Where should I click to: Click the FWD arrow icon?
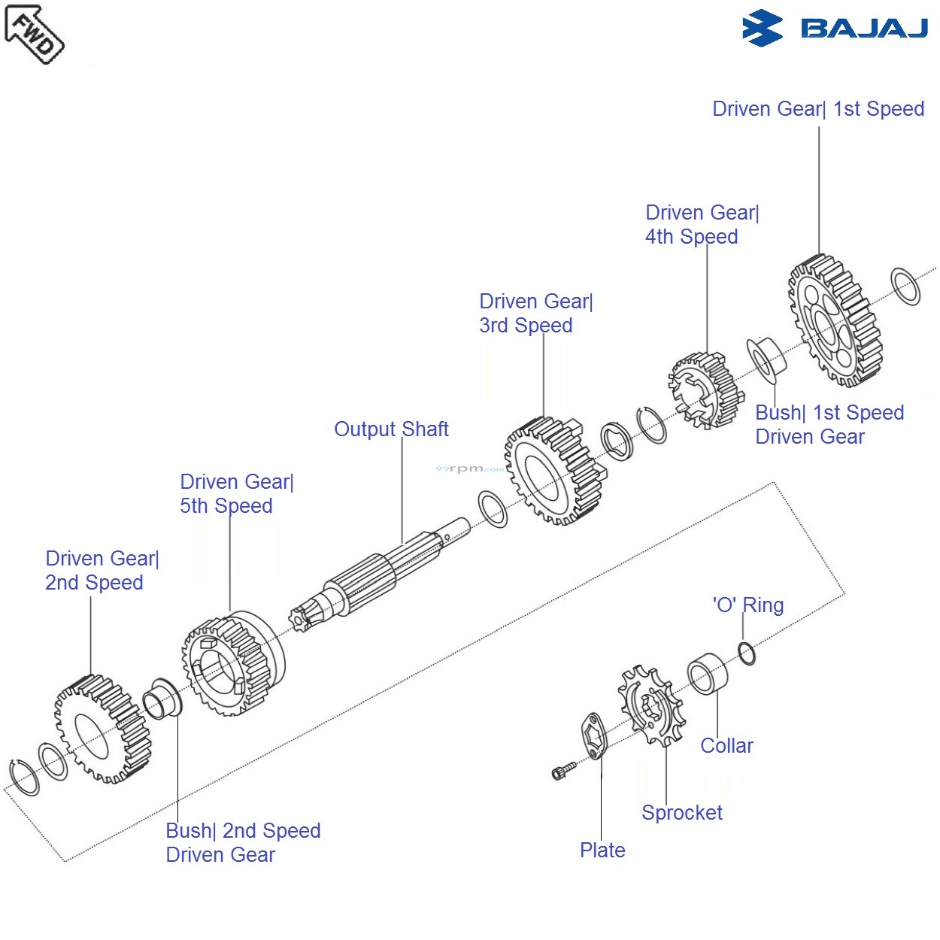[34, 34]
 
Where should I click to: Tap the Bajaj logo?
[835, 29]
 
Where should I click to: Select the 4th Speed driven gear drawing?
[704, 390]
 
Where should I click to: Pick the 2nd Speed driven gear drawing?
[102, 729]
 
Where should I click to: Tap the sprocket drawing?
[651, 705]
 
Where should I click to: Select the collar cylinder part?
[708, 674]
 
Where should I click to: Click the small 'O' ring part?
[747, 653]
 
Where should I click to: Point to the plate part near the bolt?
[594, 736]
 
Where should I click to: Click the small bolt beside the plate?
[564, 770]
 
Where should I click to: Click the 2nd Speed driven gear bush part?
[162, 699]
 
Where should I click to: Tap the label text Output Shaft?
[391, 429]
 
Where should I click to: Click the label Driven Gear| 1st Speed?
[818, 109]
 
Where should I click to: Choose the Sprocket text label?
[681, 813]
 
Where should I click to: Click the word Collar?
[726, 746]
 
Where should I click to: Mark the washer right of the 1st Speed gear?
[905, 286]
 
